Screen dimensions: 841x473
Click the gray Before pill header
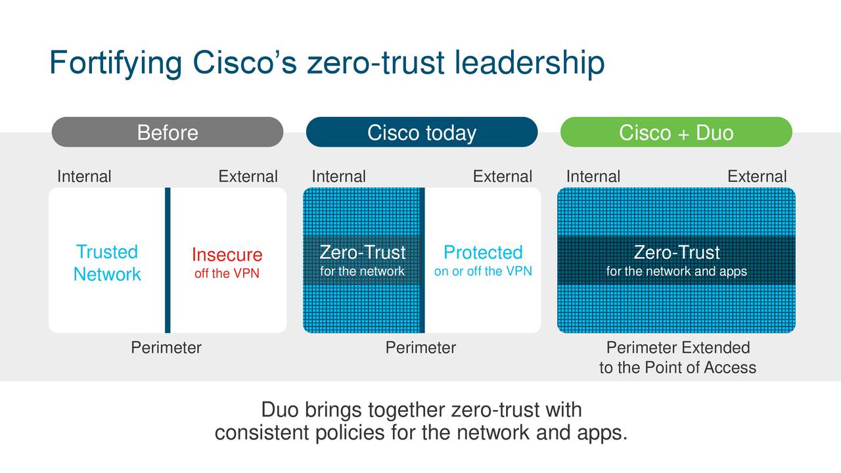click(x=168, y=132)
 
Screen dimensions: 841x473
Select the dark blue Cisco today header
click(x=422, y=132)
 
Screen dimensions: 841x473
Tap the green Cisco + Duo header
click(x=676, y=132)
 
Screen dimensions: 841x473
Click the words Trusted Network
click(x=107, y=263)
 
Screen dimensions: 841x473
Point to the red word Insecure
click(x=227, y=254)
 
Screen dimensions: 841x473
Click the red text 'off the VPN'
click(x=227, y=273)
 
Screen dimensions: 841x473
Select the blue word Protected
click(x=483, y=252)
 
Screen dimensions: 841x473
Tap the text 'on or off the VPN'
click(x=483, y=271)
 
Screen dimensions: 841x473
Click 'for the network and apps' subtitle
click(x=677, y=271)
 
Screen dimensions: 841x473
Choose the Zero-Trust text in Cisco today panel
click(x=362, y=252)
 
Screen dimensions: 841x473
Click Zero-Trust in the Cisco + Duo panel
click(x=677, y=252)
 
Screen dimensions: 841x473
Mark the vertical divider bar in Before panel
click(x=168, y=260)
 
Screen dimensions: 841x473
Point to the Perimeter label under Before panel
click(x=166, y=348)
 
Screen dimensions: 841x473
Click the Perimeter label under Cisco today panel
click(x=420, y=348)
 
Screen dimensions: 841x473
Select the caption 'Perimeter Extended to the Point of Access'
click(x=677, y=357)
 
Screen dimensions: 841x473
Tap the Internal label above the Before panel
click(x=84, y=177)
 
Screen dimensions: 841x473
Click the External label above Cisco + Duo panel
click(x=757, y=177)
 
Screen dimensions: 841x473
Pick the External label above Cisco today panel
click(x=503, y=177)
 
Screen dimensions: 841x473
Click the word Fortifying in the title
click(x=116, y=63)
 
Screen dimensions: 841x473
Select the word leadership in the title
click(x=530, y=63)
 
